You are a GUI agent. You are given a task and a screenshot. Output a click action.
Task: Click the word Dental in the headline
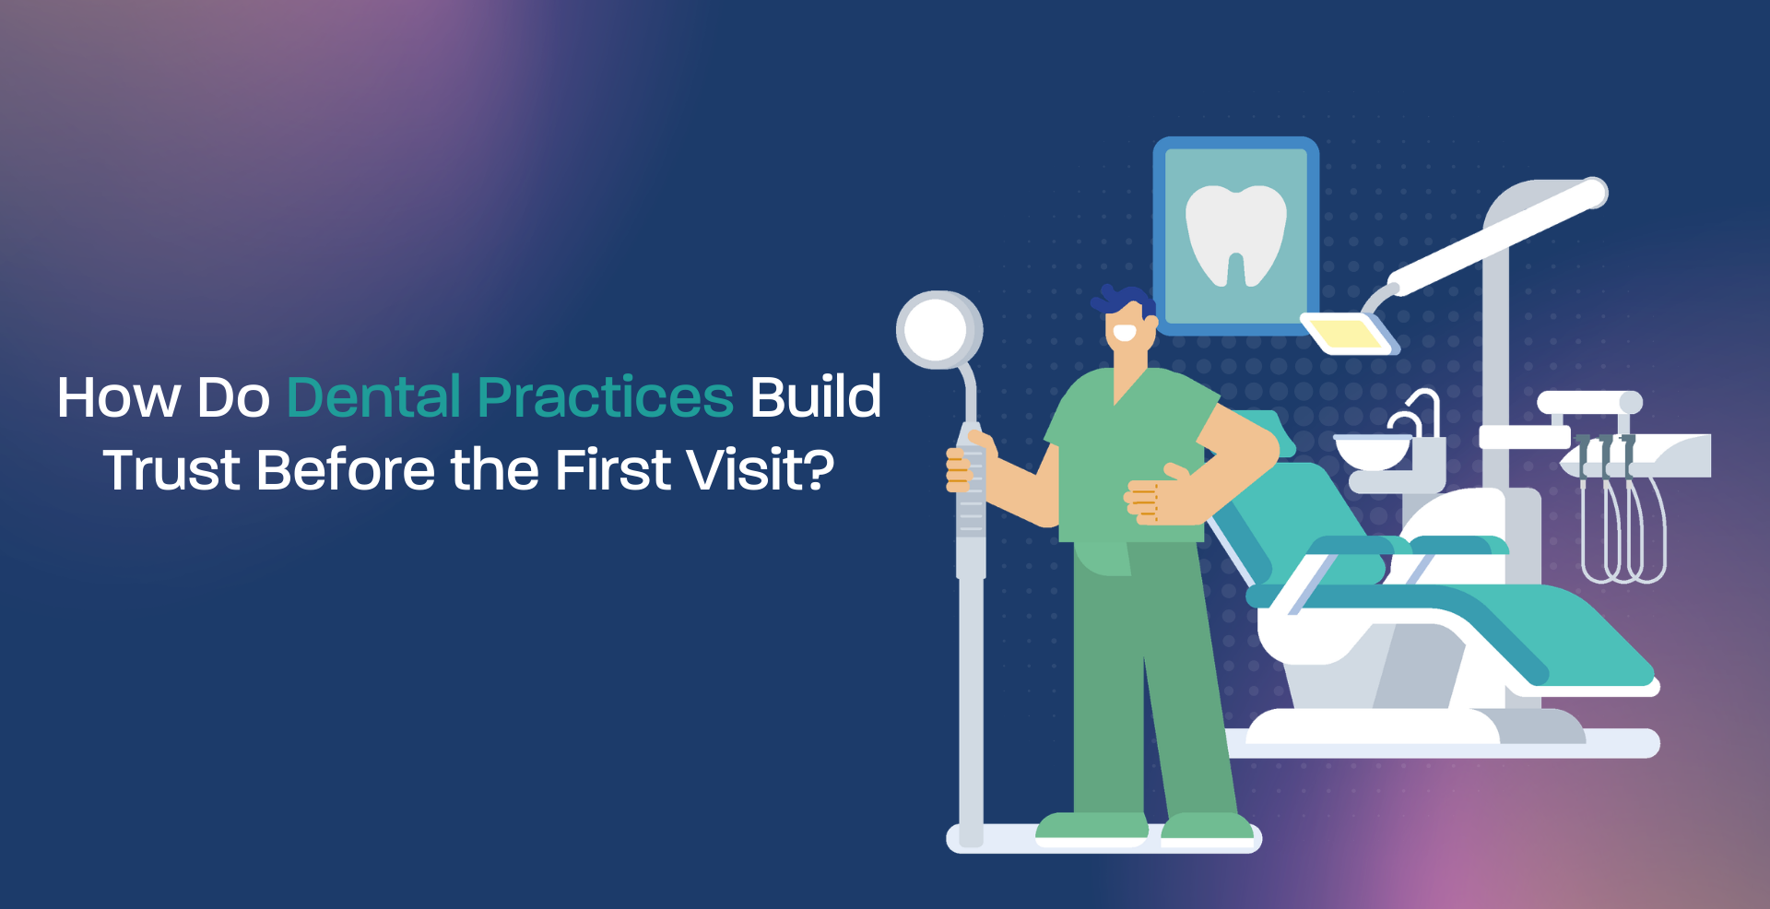click(373, 397)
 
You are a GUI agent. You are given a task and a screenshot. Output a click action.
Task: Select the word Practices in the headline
click(605, 397)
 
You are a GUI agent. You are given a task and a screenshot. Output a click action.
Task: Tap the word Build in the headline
click(815, 397)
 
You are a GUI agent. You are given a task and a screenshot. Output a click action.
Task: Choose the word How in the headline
click(118, 397)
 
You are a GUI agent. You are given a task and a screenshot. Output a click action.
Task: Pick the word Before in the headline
click(345, 470)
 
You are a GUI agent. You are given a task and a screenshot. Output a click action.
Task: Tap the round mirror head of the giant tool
click(937, 330)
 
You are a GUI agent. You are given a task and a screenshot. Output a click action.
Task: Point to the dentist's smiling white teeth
click(1124, 333)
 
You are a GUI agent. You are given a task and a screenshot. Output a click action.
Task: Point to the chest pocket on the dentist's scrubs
click(1103, 558)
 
